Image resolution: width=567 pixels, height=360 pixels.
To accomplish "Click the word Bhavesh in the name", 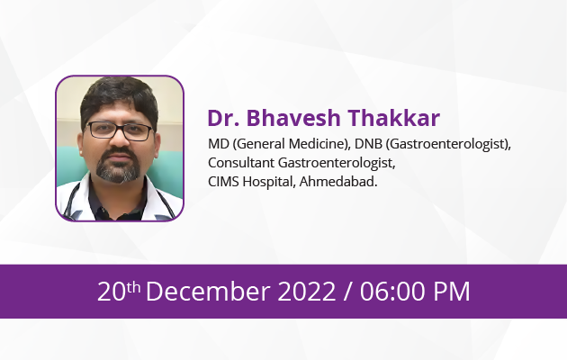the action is tap(293, 118).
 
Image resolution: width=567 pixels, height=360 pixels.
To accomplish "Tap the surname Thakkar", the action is tap(394, 118).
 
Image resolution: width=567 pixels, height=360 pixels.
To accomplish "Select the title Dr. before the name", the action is tap(223, 118).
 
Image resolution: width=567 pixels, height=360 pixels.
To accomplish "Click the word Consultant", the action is tap(241, 163).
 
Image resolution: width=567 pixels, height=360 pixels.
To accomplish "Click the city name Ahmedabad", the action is tap(338, 182).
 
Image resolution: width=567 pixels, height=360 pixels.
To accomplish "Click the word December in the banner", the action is tap(208, 292).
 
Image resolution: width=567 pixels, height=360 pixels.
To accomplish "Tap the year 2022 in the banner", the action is tap(307, 292).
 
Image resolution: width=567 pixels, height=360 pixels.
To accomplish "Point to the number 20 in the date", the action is tap(112, 292).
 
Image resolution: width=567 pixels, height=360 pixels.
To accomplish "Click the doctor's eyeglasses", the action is tap(120, 130).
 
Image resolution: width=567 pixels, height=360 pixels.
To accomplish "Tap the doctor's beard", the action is tap(118, 167).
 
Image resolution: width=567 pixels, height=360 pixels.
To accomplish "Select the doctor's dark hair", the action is tap(119, 95).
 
